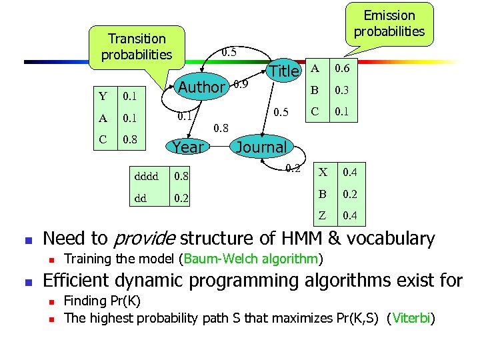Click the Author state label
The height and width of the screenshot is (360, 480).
coord(202,87)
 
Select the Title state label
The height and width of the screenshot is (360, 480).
coord(284,71)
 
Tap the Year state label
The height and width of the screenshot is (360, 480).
coord(189,147)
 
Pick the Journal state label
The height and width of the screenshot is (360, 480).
coord(261,147)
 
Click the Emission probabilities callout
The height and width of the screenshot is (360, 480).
coord(389,23)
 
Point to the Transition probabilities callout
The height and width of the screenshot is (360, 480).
coord(137,47)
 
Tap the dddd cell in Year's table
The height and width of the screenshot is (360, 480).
coord(147,176)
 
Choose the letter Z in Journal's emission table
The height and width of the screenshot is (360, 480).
coord(322,215)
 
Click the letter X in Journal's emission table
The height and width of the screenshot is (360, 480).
coord(322,173)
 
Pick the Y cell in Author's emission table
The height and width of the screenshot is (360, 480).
coord(103,97)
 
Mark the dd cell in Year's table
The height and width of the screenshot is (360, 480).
coord(140,198)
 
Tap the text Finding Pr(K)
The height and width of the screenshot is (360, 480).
coord(102,301)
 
